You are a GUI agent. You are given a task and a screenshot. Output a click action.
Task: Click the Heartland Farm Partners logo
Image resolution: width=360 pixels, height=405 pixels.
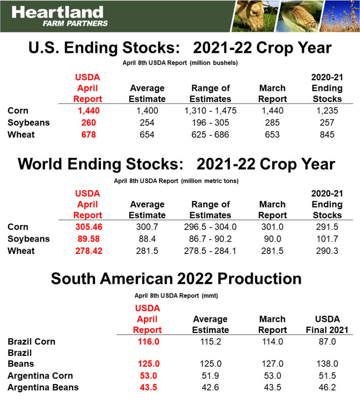tap(59, 16)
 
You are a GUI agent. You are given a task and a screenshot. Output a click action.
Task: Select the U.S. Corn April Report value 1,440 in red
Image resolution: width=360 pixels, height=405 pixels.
tap(87, 111)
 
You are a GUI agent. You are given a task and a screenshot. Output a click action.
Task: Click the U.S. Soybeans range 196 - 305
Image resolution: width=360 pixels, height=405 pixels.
tap(210, 123)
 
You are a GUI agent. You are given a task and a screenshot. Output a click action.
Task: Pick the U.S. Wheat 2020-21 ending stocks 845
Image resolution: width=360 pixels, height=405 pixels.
tap(327, 134)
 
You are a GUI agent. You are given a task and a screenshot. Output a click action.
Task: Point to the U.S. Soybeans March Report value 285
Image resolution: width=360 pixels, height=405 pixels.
tap(273, 123)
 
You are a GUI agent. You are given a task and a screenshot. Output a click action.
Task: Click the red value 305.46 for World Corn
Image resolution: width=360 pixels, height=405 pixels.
tap(89, 227)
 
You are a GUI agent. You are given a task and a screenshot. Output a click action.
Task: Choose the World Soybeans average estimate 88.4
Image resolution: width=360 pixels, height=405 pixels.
tap(147, 239)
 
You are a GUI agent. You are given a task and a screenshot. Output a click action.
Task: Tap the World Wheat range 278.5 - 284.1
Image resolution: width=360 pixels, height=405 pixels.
tap(210, 251)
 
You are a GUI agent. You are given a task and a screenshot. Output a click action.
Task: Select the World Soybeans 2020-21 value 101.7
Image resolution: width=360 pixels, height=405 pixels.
tap(327, 239)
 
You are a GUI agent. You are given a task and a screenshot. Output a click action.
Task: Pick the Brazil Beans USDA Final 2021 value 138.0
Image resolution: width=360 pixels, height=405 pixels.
tap(327, 364)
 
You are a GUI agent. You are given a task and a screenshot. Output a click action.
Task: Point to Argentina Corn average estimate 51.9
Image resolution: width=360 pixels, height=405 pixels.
tap(210, 376)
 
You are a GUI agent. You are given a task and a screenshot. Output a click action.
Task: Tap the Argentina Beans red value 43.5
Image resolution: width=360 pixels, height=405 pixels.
tap(148, 388)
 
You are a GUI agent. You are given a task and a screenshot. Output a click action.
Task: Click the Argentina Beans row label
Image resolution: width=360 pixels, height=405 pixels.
tap(43, 388)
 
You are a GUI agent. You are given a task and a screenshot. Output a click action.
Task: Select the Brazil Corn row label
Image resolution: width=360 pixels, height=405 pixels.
tap(32, 341)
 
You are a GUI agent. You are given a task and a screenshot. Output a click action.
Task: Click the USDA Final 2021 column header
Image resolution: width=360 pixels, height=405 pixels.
tap(327, 324)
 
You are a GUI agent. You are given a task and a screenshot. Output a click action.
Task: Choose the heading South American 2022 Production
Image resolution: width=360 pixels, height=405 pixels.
tap(176, 278)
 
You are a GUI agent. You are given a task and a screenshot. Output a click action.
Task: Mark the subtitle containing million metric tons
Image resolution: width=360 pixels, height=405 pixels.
tap(176, 181)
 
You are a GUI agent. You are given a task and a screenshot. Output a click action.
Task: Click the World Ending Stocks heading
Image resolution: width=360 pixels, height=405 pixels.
tap(176, 164)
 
